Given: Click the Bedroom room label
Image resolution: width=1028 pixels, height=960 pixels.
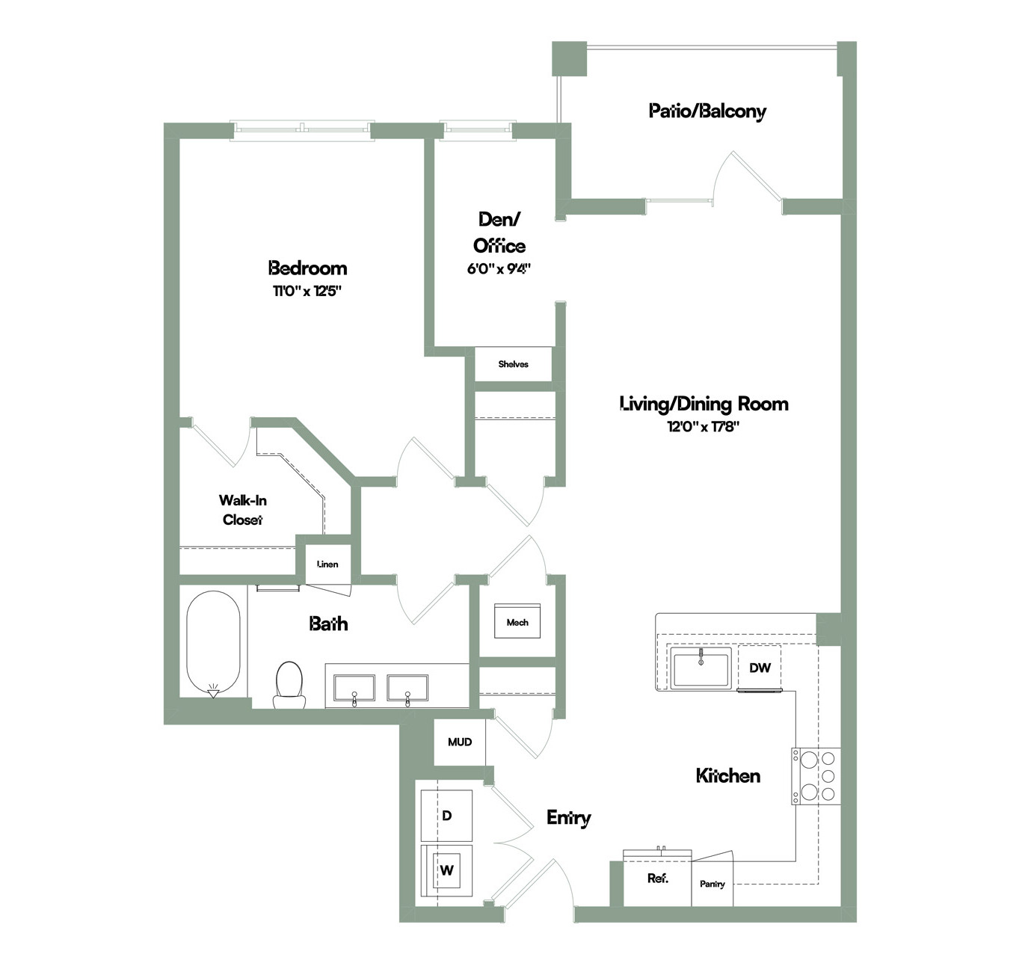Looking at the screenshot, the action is pos(307,268).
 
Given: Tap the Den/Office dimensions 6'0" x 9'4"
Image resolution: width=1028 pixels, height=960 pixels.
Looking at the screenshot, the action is pos(499,269).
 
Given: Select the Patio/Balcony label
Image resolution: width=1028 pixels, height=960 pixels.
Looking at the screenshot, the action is pos(707,111).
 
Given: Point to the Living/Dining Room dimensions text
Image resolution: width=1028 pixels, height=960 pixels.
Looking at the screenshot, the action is pos(704,427).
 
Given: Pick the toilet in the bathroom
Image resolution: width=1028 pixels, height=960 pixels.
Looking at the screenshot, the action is pos(289,685).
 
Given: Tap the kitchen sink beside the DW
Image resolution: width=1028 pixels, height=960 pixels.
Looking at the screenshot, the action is pos(701,668).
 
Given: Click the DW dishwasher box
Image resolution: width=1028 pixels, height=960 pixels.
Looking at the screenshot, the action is pos(760,668).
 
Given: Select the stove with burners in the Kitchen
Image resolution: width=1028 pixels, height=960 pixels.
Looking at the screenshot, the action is pos(816,775).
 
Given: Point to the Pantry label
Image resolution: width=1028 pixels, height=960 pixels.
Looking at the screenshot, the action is pos(712,884).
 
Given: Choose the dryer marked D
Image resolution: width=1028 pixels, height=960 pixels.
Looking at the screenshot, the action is pos(446,816).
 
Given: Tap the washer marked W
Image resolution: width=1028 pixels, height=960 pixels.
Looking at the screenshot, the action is pos(446,870).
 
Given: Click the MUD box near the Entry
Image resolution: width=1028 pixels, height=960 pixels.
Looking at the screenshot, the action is pos(460,742).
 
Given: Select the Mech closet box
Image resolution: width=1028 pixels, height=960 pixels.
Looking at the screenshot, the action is pos(517,621).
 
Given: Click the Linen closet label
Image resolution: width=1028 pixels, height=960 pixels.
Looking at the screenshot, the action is pos(327,564).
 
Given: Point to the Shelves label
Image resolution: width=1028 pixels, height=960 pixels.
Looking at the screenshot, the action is pos(513,364).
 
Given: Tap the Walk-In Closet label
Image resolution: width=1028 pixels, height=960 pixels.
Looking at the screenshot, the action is pos(242,509).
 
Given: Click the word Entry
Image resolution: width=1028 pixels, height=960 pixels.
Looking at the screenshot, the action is pos(568,818).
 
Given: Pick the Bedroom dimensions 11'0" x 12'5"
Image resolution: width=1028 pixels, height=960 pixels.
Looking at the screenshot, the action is pos(307,291).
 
